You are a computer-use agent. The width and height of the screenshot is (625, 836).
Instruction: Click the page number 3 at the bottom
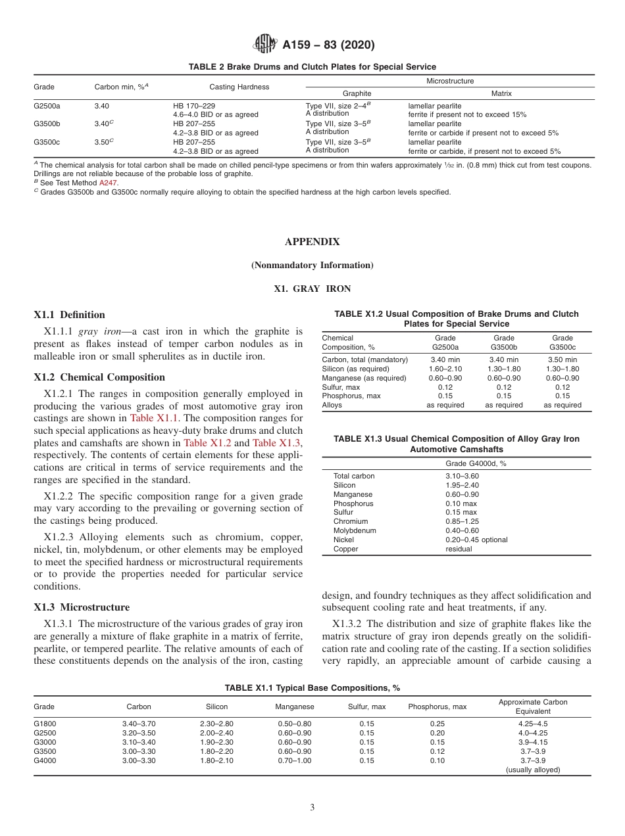point(312,808)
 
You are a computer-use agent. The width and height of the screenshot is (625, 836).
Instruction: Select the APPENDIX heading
point(312,242)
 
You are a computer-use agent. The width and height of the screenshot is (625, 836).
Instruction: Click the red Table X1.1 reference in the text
point(151,418)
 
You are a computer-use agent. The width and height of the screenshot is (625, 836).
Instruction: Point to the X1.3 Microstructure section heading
point(82,607)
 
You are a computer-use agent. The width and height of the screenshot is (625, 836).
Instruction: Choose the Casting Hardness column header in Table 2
point(239,87)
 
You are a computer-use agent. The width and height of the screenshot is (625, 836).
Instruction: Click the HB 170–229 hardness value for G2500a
point(193,106)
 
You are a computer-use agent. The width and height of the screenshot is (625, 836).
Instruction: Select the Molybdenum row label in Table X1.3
point(355,530)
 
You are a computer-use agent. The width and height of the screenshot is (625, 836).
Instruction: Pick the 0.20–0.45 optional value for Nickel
point(476,540)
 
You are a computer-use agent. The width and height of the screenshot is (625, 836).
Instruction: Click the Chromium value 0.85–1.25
point(463,521)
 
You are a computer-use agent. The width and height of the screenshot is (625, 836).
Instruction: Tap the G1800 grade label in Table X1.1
point(45,724)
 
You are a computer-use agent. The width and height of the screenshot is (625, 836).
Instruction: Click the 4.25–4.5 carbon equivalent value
point(532,724)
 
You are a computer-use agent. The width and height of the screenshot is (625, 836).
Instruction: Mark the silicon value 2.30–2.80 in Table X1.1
point(216,724)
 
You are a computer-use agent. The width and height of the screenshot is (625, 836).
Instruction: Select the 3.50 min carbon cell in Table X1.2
point(562,360)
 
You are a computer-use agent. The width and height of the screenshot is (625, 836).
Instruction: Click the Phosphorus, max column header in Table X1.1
point(437,707)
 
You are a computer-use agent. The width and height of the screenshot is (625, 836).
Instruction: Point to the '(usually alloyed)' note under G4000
point(532,770)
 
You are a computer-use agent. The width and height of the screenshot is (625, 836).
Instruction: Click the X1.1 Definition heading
point(69,315)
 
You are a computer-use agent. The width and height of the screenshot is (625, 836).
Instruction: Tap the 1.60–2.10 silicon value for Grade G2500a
point(445,369)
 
